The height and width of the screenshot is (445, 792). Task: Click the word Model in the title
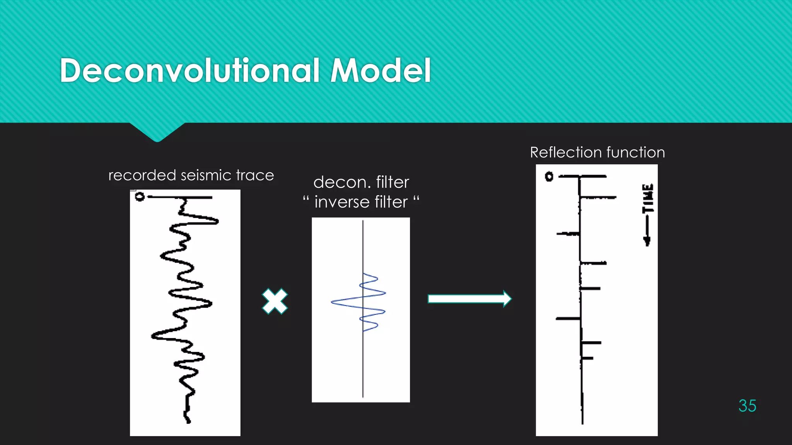pyautogui.click(x=381, y=71)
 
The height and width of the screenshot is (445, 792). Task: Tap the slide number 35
pyautogui.click(x=747, y=406)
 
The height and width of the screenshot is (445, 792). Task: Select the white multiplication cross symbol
pyautogui.click(x=275, y=301)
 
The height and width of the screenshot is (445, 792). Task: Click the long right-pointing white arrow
pyautogui.click(x=469, y=299)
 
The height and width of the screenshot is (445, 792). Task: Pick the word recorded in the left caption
pyautogui.click(x=142, y=175)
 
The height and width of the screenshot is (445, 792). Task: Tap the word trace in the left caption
pyautogui.click(x=255, y=175)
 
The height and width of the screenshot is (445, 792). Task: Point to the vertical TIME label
pyautogui.click(x=648, y=198)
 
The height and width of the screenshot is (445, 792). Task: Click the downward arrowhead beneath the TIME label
pyautogui.click(x=647, y=241)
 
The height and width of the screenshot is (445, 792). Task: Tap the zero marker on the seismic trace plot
pyautogui.click(x=140, y=197)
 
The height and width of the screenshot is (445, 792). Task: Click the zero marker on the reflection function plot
pyautogui.click(x=549, y=177)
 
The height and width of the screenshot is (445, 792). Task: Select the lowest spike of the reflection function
pyautogui.click(x=587, y=358)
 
